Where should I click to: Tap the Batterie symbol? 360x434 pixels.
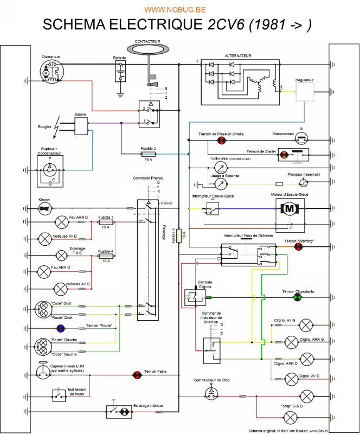pyautogui.click(x=120, y=71)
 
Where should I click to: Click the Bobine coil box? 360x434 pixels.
pyautogui.click(x=81, y=126)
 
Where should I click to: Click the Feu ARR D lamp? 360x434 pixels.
pyautogui.click(x=61, y=221)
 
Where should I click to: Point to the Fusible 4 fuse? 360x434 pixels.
pyautogui.click(x=105, y=256)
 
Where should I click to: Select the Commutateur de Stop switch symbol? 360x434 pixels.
pyautogui.click(x=211, y=392)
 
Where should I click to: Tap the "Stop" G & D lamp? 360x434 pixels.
pyautogui.click(x=291, y=417)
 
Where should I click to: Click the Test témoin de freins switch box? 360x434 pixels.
pyautogui.click(x=58, y=393)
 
